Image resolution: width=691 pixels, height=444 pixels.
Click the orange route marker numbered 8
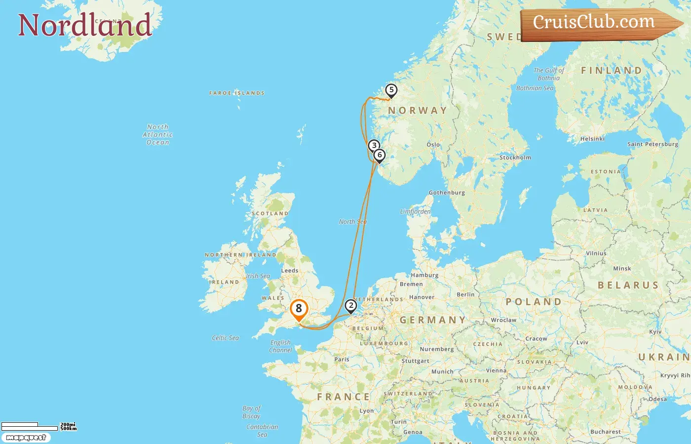pos(299,309)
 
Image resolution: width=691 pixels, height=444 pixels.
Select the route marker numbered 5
pos(391,90)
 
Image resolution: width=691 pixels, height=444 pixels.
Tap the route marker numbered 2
pos(350,306)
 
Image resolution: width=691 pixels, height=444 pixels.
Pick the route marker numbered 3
pos(374,146)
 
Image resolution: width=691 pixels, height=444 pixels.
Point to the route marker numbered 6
pos(380,155)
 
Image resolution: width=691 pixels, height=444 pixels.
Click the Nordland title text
pos(84,25)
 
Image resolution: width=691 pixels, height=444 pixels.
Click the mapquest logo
pos(26,438)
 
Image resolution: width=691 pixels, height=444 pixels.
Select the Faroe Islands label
pos(237,93)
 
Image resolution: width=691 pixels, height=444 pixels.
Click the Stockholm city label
pos(515,158)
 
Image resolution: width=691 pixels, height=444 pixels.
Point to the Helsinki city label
pos(592,139)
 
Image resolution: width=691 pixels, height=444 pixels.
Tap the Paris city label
pos(342,360)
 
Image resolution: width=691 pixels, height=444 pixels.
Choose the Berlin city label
pos(465,295)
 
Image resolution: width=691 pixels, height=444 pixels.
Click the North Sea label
pos(353,222)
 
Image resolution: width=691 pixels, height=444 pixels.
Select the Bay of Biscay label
pos(251,412)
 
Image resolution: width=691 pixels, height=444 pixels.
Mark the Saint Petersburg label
pos(653,145)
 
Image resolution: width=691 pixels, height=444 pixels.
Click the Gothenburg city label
pos(447,193)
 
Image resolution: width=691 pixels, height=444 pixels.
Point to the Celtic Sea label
pos(225,338)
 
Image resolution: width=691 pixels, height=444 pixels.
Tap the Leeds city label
pos(290,271)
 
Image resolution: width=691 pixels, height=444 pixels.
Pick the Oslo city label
pos(433,145)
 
